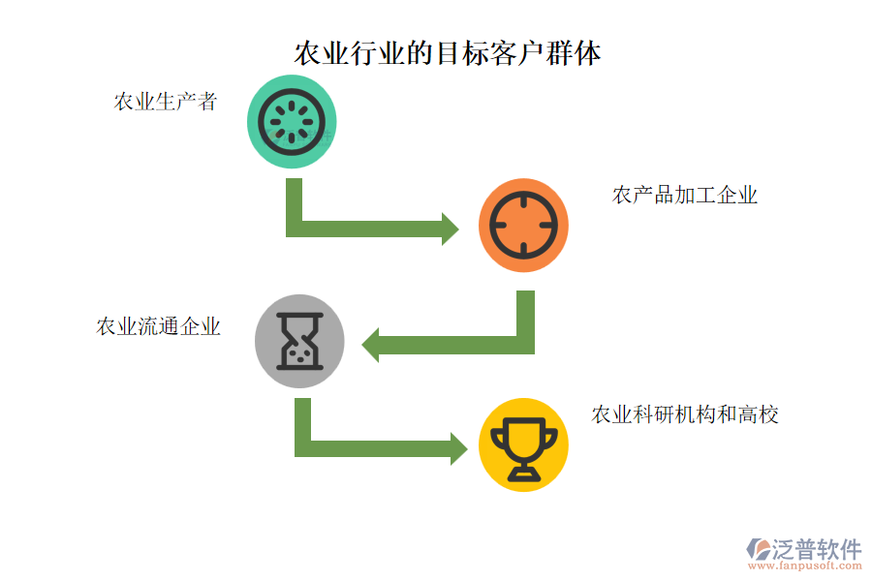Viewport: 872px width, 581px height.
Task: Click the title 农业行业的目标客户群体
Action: click(x=447, y=52)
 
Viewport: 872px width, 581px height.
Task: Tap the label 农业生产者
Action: click(x=166, y=102)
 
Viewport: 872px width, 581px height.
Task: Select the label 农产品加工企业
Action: click(x=684, y=196)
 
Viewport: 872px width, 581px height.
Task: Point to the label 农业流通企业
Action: click(x=158, y=326)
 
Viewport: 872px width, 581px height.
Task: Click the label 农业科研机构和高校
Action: click(x=684, y=414)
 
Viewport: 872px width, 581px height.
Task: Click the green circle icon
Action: click(x=292, y=122)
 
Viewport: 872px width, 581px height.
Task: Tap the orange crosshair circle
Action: click(x=523, y=225)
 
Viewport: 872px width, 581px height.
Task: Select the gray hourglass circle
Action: click(x=299, y=340)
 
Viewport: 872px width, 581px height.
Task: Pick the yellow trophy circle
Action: click(x=523, y=444)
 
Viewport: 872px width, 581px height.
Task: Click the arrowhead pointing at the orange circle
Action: click(x=450, y=229)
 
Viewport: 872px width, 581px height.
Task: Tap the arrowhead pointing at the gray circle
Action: click(x=371, y=345)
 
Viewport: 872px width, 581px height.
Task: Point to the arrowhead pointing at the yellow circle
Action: click(x=458, y=448)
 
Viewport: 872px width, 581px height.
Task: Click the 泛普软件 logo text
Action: click(x=816, y=549)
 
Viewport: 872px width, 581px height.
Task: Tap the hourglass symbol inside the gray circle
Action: click(x=299, y=341)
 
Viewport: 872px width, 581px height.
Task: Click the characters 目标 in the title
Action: click(x=461, y=52)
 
